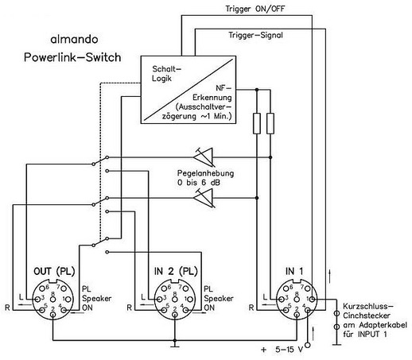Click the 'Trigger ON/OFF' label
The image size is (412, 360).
pyautogui.click(x=255, y=9)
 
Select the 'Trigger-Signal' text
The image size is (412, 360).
pyautogui.click(x=256, y=35)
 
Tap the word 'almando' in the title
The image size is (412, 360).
pyautogui.click(x=74, y=40)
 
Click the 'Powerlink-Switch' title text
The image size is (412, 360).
pyautogui.click(x=72, y=57)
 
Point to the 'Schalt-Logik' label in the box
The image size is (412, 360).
pyautogui.click(x=166, y=73)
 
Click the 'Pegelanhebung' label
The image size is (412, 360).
pyautogui.click(x=205, y=173)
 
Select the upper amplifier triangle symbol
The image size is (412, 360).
pyautogui.click(x=204, y=157)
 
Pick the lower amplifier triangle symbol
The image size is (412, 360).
pyautogui.click(x=204, y=198)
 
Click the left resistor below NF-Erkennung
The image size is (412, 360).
pyautogui.click(x=257, y=123)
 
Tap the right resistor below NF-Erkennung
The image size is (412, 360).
pyautogui.click(x=270, y=123)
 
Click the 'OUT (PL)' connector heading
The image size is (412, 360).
pyautogui.click(x=54, y=271)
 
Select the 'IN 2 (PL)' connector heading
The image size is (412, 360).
pyautogui.click(x=176, y=271)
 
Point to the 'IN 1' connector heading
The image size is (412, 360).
pyautogui.click(x=294, y=271)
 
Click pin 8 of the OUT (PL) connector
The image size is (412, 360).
pyautogui.click(x=53, y=299)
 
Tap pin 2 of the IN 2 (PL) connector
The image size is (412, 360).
pyautogui.click(x=175, y=315)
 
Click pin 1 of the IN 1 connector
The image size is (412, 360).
pyautogui.click(x=313, y=299)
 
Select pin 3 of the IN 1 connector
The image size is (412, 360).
pyautogui.click(x=281, y=299)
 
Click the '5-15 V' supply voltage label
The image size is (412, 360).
pyautogui.click(x=289, y=350)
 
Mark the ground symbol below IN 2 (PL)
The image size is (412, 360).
pyautogui.click(x=175, y=345)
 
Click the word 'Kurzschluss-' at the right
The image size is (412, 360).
pyautogui.click(x=368, y=306)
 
